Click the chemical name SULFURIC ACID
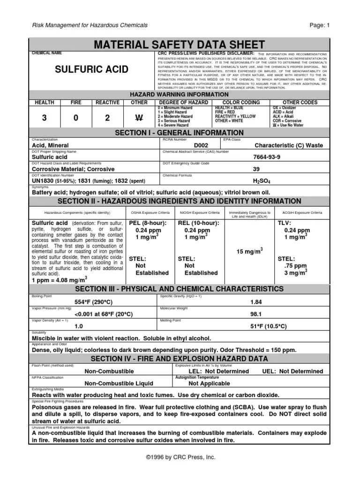tap(91, 69)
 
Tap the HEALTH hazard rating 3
tap(45, 118)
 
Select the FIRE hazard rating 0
tap(75, 118)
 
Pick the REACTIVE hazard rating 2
tap(107, 118)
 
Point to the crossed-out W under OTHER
tap(139, 118)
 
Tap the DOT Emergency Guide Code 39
tap(256, 169)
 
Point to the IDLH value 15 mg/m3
tap(249, 251)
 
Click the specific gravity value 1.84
tap(256, 302)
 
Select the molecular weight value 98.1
tap(256, 314)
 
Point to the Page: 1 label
tap(320, 25)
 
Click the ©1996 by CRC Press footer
tap(180, 457)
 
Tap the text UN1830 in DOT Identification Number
tap(43, 181)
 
